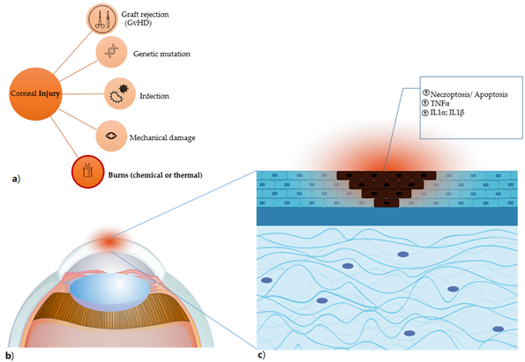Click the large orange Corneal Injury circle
click(35, 94)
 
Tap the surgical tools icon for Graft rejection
click(102, 19)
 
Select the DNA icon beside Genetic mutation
click(111, 52)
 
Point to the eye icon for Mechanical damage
click(111, 136)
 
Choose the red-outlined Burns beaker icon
click(88, 172)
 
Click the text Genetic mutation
click(161, 54)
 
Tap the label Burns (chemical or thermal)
click(155, 175)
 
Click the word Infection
click(154, 96)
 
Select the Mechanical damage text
click(162, 137)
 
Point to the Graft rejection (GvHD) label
click(145, 18)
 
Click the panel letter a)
click(16, 179)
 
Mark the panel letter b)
click(10, 356)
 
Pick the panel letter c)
click(261, 355)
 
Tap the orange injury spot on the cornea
click(109, 241)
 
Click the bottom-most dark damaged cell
click(386, 203)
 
